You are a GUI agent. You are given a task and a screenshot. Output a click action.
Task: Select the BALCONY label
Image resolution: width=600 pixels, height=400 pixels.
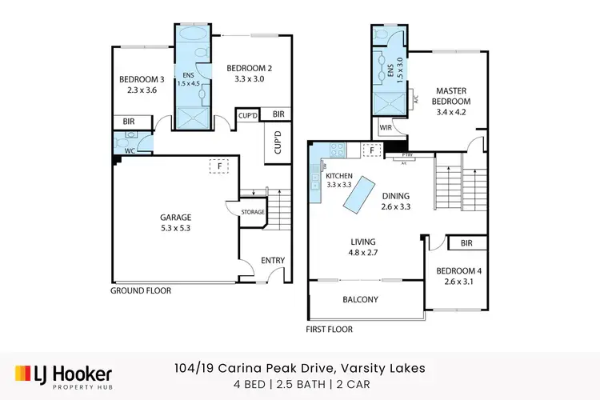coord(360,300)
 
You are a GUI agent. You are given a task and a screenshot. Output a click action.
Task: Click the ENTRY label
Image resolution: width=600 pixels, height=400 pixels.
coord(262,261)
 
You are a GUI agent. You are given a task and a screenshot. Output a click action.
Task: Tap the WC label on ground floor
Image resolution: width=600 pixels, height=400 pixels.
coord(131,150)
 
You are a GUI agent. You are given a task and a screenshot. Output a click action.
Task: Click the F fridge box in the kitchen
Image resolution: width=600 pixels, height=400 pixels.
coord(371,149)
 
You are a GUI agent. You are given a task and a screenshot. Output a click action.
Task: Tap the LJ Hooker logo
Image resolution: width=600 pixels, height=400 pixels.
coord(64,374)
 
